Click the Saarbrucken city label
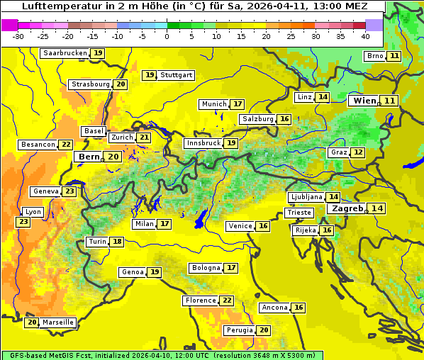[65, 53]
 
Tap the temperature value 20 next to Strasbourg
[121, 84]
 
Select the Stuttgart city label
[177, 75]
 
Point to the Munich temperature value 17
[238, 104]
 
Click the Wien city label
[365, 101]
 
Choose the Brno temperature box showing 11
[394, 56]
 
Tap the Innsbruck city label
[203, 143]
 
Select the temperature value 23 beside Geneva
[69, 191]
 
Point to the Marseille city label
[58, 322]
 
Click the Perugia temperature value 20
[264, 330]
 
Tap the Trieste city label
[298, 213]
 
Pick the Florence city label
[200, 300]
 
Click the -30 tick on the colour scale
[18, 36]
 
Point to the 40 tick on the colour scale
[365, 36]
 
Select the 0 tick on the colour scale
[167, 36]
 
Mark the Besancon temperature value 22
[66, 145]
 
